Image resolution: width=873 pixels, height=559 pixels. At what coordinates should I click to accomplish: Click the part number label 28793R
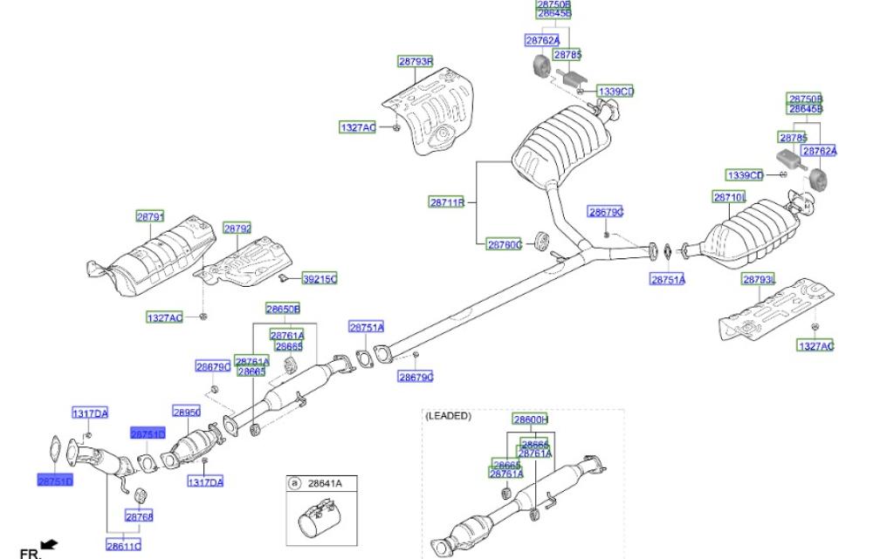pos(416,62)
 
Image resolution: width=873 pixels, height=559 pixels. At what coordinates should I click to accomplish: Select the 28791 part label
pos(149,215)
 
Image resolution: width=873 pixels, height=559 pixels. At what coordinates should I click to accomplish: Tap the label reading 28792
pos(237,228)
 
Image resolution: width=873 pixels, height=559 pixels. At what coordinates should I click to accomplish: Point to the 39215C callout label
pos(320,279)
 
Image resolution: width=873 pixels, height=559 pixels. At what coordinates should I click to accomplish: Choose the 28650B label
pos(283,309)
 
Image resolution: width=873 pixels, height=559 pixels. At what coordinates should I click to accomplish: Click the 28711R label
pos(446,202)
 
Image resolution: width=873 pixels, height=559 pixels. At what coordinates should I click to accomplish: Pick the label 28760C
pos(504,245)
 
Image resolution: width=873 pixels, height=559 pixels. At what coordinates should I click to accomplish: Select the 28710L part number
pos(730,198)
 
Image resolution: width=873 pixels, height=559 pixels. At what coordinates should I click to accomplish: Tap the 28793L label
pos(759,279)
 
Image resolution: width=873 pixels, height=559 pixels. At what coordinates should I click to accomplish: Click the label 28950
pos(187,412)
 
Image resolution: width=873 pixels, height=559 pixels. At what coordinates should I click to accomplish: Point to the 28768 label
pos(140,517)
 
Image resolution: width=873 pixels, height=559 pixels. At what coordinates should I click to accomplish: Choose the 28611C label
pos(123,546)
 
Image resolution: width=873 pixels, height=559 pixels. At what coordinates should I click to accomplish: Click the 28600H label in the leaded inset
pos(529,419)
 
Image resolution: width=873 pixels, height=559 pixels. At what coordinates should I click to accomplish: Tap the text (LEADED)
pos(448,416)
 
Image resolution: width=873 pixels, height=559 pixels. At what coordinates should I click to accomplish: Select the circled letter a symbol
pos(294,483)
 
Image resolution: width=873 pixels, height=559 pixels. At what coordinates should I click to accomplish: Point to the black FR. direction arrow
pos(48,544)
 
